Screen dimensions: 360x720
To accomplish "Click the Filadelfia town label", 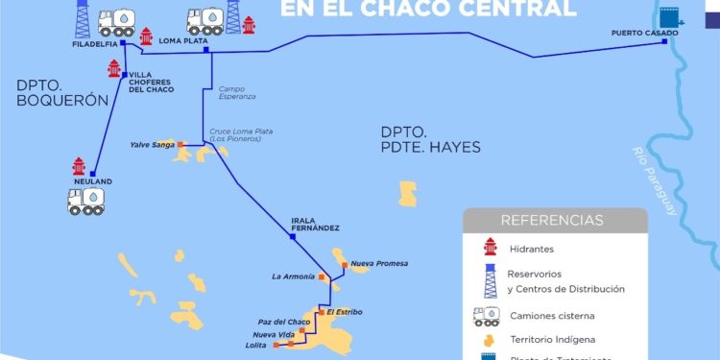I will [94, 44].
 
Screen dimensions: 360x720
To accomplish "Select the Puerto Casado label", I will [644, 33].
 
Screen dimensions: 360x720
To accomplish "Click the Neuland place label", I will [92, 181].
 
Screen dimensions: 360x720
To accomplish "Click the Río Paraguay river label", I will [656, 180].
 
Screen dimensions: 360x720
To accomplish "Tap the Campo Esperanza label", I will [237, 93].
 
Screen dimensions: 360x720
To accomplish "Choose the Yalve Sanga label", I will [152, 145].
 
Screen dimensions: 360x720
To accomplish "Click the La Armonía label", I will [293, 276].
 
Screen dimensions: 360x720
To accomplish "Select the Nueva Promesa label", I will [379, 263].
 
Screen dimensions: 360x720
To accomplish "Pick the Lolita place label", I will [256, 344].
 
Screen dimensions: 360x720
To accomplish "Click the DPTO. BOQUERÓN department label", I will [57, 92].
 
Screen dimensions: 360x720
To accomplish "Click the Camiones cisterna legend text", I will [552, 314].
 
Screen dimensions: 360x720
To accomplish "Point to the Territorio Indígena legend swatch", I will [491, 340].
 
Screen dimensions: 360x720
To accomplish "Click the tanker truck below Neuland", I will [86, 201].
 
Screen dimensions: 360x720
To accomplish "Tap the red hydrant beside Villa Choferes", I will [115, 69].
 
